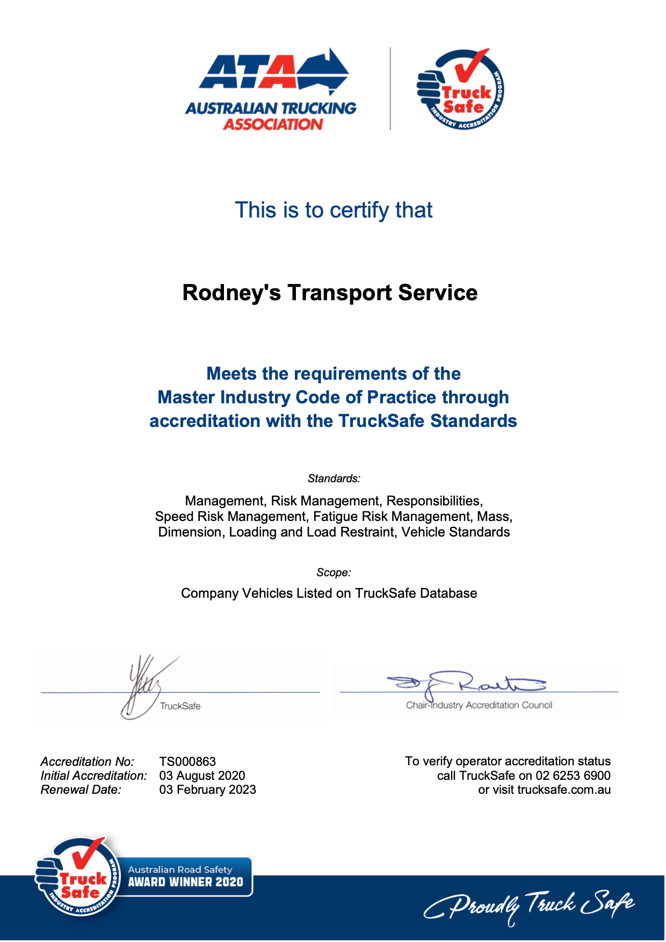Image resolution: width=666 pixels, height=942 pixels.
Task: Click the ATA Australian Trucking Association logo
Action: pos(271,90)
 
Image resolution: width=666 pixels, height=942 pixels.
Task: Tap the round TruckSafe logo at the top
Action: pos(460,90)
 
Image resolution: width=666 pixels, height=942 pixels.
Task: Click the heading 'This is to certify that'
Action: pos(334,210)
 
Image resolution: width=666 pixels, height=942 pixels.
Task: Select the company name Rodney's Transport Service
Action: pos(330,293)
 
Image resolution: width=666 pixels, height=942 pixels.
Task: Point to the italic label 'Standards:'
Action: pos(334,479)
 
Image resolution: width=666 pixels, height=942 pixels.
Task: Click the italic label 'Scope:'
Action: pos(334,573)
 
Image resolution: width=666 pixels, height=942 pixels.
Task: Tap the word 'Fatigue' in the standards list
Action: pos(336,517)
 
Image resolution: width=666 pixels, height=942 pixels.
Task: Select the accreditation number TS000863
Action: pos(187,762)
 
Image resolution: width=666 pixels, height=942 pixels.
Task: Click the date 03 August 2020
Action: pos(202,776)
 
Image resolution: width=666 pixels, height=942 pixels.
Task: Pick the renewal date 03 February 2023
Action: pos(207,789)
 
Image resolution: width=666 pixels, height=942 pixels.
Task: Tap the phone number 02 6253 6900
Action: pos(573,776)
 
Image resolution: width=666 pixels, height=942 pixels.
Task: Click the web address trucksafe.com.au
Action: pos(563,789)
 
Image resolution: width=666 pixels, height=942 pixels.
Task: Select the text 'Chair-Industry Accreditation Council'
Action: pos(479,705)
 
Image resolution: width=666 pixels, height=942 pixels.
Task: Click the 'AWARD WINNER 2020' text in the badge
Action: pos(185,882)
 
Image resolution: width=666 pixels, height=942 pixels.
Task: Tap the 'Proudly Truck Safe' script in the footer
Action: pos(529,907)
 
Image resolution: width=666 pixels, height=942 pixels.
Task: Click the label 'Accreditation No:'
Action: pos(87,762)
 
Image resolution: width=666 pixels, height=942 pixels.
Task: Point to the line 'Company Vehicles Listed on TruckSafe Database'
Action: pos(329,593)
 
